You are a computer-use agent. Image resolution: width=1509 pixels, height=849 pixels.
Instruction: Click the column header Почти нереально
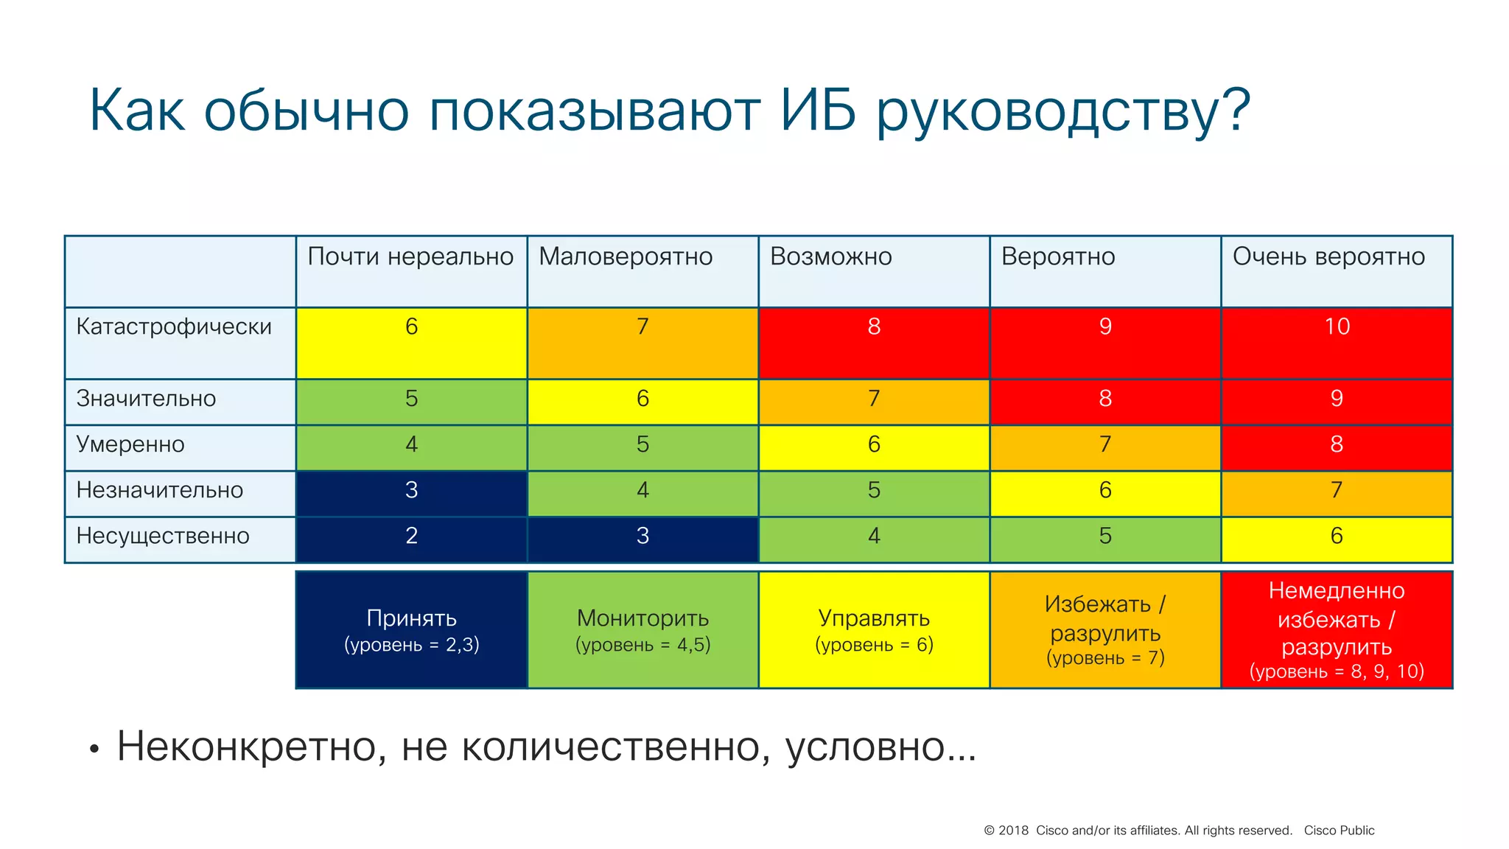[410, 256]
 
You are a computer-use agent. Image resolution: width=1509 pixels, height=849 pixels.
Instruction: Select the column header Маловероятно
[626, 256]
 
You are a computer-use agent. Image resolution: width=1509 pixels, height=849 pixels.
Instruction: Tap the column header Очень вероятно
[1328, 256]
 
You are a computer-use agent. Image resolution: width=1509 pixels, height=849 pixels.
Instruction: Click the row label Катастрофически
[174, 326]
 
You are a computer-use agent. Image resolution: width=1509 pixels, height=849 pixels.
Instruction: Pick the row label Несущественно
[163, 536]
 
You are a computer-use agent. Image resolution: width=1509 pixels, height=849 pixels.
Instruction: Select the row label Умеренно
[130, 444]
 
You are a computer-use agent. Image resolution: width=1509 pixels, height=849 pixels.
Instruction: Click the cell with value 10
[1337, 342]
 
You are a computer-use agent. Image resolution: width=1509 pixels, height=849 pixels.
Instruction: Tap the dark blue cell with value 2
[411, 539]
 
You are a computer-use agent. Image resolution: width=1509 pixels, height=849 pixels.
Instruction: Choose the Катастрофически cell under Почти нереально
[411, 342]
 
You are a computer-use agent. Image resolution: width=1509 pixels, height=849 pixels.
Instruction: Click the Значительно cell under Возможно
[874, 402]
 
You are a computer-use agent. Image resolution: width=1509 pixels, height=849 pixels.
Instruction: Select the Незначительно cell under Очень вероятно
[1337, 493]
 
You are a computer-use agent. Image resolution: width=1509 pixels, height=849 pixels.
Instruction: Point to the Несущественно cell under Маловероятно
[643, 539]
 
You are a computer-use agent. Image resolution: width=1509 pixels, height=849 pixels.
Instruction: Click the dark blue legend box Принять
[411, 629]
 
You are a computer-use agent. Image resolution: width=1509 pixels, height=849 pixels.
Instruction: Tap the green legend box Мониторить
[643, 629]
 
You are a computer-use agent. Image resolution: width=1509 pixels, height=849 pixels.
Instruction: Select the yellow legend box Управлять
[874, 629]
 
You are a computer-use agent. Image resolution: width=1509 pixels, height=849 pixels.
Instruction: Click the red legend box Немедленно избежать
[1337, 629]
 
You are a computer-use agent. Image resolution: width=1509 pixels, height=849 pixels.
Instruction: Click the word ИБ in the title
[818, 111]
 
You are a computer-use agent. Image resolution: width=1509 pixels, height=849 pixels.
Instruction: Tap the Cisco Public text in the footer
[1339, 831]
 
